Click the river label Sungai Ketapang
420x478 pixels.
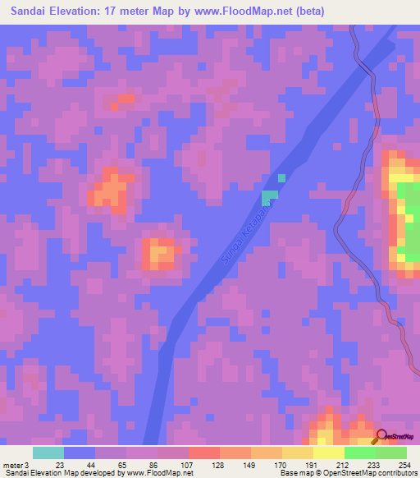click(245, 234)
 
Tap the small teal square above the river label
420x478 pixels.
click(281, 177)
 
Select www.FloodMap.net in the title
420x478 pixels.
click(251, 11)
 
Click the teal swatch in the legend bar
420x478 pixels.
click(48, 453)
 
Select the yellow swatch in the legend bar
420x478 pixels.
click(329, 453)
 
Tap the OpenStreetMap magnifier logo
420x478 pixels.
click(381, 436)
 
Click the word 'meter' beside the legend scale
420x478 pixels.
click(12, 464)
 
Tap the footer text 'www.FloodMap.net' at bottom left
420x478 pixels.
click(161, 473)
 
